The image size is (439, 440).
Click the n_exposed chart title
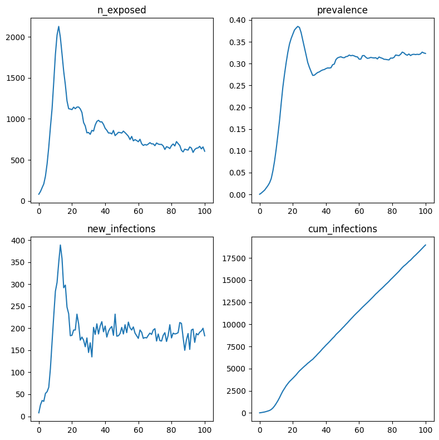(x=122, y=10)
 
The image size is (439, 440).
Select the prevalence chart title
(x=343, y=10)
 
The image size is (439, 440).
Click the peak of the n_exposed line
(x=58, y=26)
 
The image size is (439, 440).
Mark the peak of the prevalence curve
(x=298, y=26)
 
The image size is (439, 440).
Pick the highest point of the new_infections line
(x=60, y=245)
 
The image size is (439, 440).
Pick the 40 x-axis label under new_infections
(x=105, y=431)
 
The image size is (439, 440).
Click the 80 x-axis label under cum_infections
(x=393, y=431)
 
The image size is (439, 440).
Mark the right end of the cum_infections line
(x=426, y=245)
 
